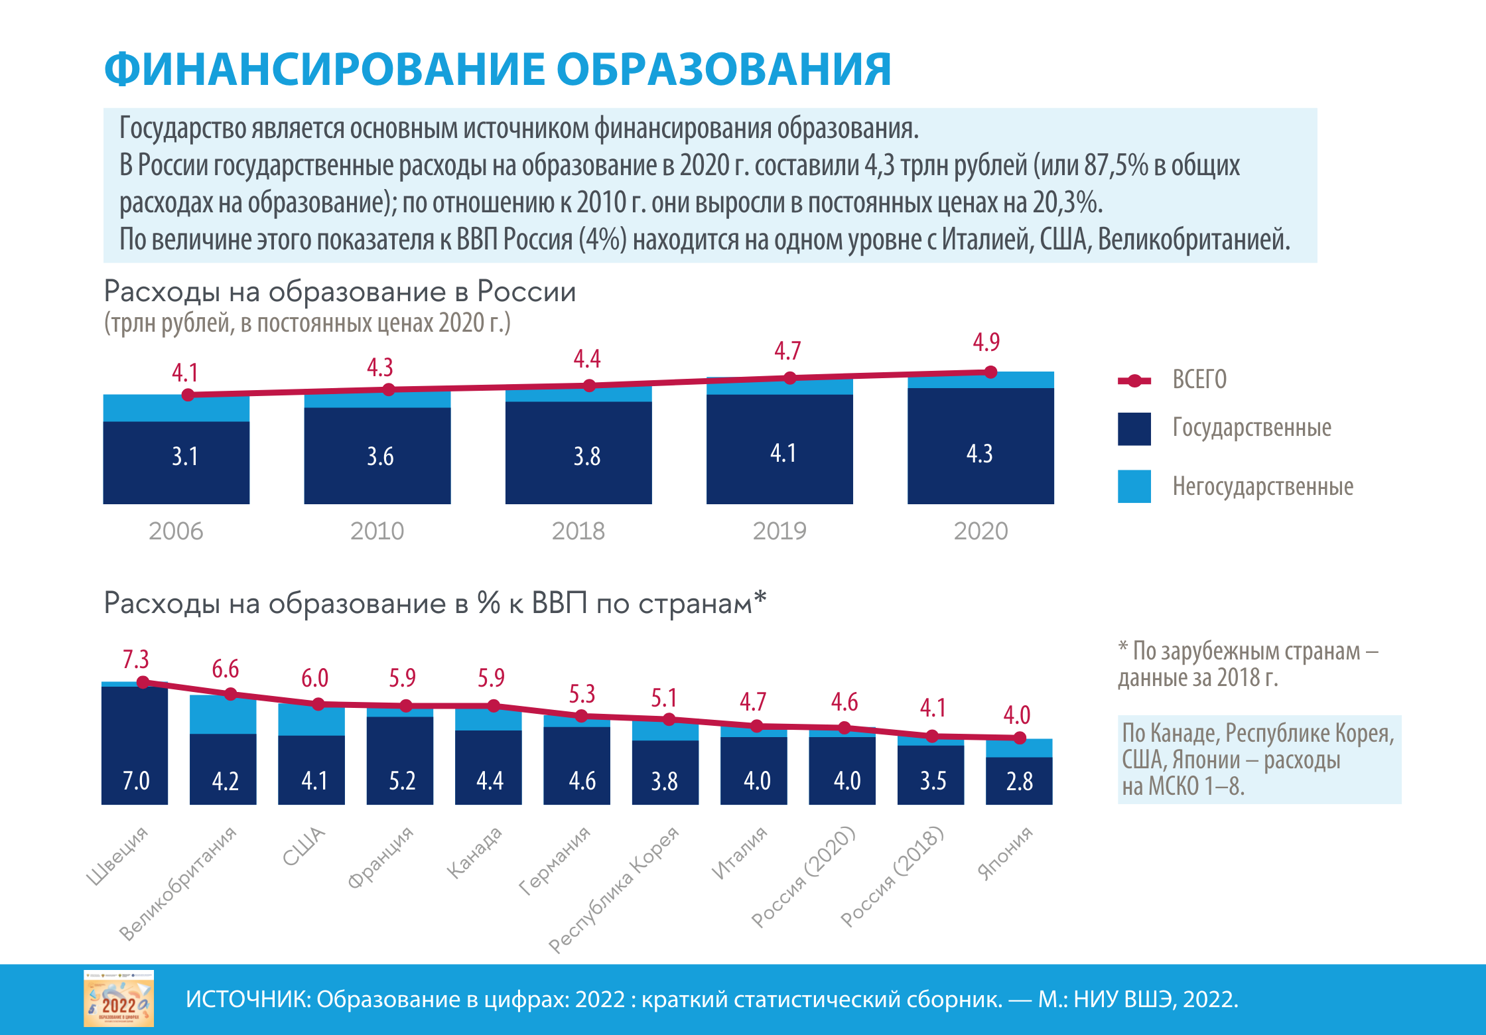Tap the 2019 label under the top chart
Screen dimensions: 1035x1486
(779, 531)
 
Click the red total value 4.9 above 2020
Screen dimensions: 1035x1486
(986, 342)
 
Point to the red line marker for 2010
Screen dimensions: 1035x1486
(389, 389)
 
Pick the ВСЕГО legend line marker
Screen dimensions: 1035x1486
(1134, 380)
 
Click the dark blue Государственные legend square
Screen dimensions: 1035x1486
(1134, 429)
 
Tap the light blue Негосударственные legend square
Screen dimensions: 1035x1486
(1134, 486)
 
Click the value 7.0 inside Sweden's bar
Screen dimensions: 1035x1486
(136, 781)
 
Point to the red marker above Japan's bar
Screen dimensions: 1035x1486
(1020, 738)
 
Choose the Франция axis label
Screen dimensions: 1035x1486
(381, 857)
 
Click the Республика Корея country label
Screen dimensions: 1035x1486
(614, 889)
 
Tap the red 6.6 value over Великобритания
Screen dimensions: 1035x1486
(226, 669)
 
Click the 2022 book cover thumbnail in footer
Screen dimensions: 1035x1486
(119, 999)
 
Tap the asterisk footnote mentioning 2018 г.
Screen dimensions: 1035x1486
(1247, 664)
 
